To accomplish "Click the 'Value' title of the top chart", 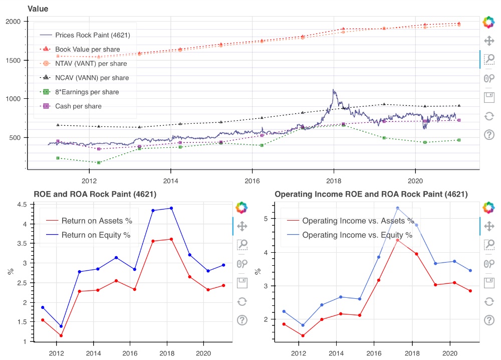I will pos(38,9).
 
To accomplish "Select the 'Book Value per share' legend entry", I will pos(84,49).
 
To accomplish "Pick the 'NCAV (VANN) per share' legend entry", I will pos(92,78).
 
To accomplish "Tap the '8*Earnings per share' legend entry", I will pos(87,92).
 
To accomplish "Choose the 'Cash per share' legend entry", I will pos(78,106).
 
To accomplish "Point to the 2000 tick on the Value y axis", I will pos(14,22).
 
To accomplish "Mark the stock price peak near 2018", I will pos(334,90).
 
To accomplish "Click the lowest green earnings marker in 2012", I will pos(99,162).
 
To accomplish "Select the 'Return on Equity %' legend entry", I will pos(95,235).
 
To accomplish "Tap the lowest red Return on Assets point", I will pos(61,336).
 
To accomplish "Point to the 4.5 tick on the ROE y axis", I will pos(22,205).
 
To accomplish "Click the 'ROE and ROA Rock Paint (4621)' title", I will pos(95,194).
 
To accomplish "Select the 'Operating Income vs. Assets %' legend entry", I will pos(358,221).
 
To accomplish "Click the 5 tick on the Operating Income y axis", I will pos(267,219).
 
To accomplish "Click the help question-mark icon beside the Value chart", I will pos(488,134).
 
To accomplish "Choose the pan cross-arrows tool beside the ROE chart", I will pos(242,226).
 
